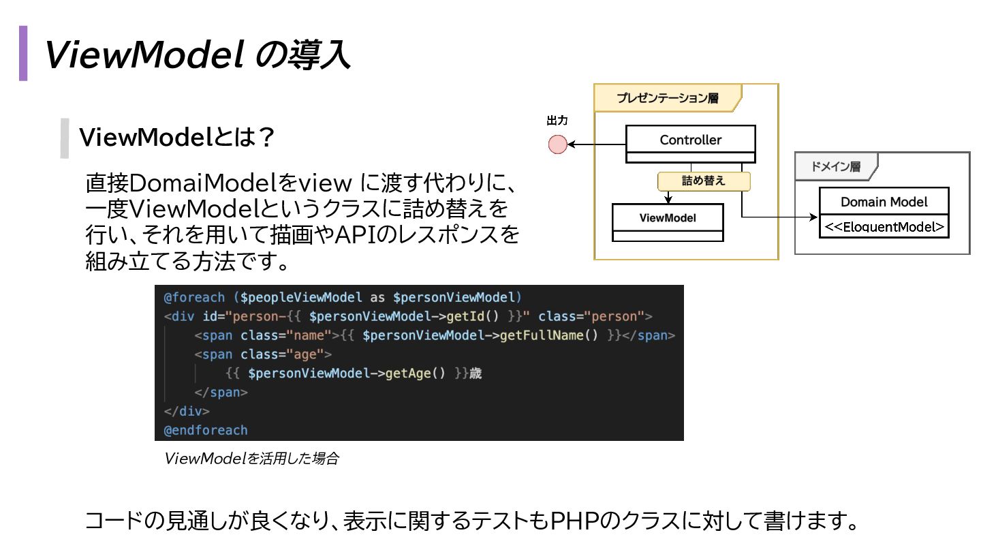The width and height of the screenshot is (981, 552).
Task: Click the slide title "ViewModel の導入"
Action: point(198,55)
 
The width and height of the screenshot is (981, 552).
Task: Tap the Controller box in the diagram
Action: point(690,140)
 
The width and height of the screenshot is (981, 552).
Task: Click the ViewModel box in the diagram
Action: point(667,218)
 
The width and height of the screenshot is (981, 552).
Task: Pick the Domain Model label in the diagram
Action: point(884,202)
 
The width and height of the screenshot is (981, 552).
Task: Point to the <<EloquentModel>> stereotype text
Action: point(884,227)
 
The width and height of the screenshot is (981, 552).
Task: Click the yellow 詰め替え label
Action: point(703,181)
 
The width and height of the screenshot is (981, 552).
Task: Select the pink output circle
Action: point(558,144)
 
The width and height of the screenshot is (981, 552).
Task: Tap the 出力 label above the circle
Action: point(557,121)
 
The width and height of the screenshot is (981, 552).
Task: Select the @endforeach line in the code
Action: point(206,431)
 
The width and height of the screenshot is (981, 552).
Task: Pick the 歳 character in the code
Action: point(476,373)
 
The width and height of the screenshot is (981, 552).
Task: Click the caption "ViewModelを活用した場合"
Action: point(251,459)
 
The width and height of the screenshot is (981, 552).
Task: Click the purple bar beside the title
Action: point(23,53)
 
